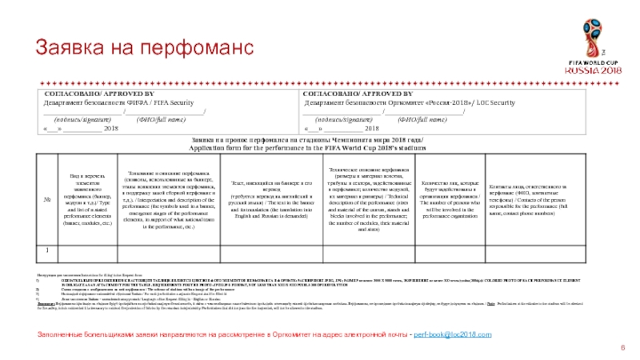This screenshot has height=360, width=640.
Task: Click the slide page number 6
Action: click(x=622, y=332)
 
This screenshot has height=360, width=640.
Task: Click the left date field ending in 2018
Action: click(x=80, y=128)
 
